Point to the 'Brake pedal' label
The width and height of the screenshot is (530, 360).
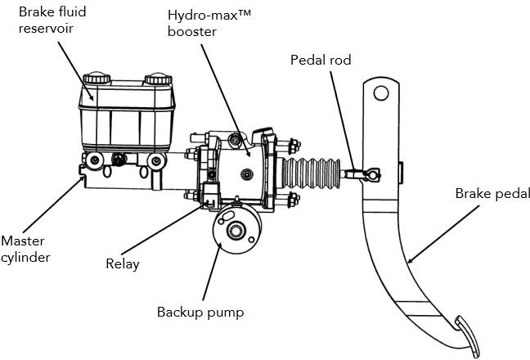[x=492, y=194]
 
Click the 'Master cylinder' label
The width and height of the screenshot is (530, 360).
[x=25, y=249]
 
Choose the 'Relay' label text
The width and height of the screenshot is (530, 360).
[x=122, y=263]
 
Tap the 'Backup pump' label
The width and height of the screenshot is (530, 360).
[x=200, y=312]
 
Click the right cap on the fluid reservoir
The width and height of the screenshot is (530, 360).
[x=157, y=80]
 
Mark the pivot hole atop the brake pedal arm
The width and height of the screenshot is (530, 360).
[x=380, y=93]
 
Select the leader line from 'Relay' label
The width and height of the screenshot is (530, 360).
[x=164, y=231]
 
